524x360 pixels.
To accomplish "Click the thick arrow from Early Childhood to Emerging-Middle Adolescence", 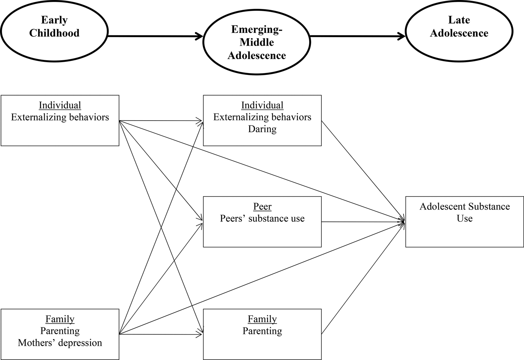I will [x=155, y=36].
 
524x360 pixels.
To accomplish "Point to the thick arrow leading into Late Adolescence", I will [x=357, y=36].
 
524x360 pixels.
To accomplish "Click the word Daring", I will [x=262, y=129].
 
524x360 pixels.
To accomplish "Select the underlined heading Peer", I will [x=262, y=206].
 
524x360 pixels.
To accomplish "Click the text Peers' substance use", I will [x=262, y=218].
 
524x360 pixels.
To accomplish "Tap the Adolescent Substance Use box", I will [x=464, y=221].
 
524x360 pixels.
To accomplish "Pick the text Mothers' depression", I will [x=60, y=343].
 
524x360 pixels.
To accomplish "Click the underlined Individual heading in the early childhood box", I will [x=60, y=105].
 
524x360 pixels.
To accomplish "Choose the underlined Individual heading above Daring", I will [x=262, y=105].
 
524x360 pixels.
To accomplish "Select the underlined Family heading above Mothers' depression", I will [x=60, y=319].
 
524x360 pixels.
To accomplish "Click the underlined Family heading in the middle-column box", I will [x=262, y=319].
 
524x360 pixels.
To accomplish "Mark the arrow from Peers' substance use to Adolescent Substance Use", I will [x=363, y=222].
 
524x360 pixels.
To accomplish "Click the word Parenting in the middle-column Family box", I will [x=262, y=331].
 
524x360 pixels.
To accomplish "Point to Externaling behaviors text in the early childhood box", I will [x=60, y=117].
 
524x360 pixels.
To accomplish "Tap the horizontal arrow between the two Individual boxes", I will [x=161, y=121].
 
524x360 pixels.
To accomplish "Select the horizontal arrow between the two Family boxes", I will [x=161, y=334].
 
